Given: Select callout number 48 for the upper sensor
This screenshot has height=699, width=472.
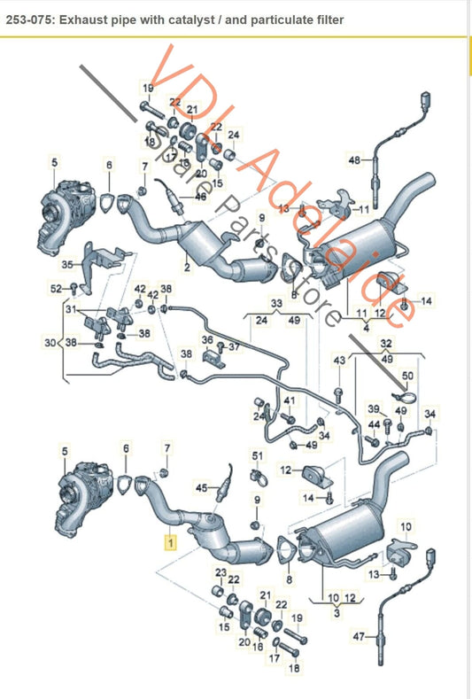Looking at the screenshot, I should coord(353,160).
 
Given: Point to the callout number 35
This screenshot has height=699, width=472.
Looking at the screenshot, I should coord(66,265).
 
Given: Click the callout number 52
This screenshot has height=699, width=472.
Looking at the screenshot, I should coord(55,289).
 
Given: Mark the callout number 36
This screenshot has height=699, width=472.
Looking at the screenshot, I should coord(207,339).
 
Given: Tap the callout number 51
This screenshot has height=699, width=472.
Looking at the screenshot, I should coord(257,455).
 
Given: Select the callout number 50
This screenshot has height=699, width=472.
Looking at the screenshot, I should coord(407,376).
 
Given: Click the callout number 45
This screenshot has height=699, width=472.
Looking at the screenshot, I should coord(200,487).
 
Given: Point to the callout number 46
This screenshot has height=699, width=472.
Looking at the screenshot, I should coord(200,198).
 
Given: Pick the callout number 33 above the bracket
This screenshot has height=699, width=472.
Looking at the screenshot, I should coord(276,302).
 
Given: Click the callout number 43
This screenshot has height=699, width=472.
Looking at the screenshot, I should coord(339,361).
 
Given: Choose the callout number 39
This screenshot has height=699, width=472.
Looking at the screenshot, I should coord(374,408).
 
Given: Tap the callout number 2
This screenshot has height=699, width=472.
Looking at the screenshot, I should coord(188,266).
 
